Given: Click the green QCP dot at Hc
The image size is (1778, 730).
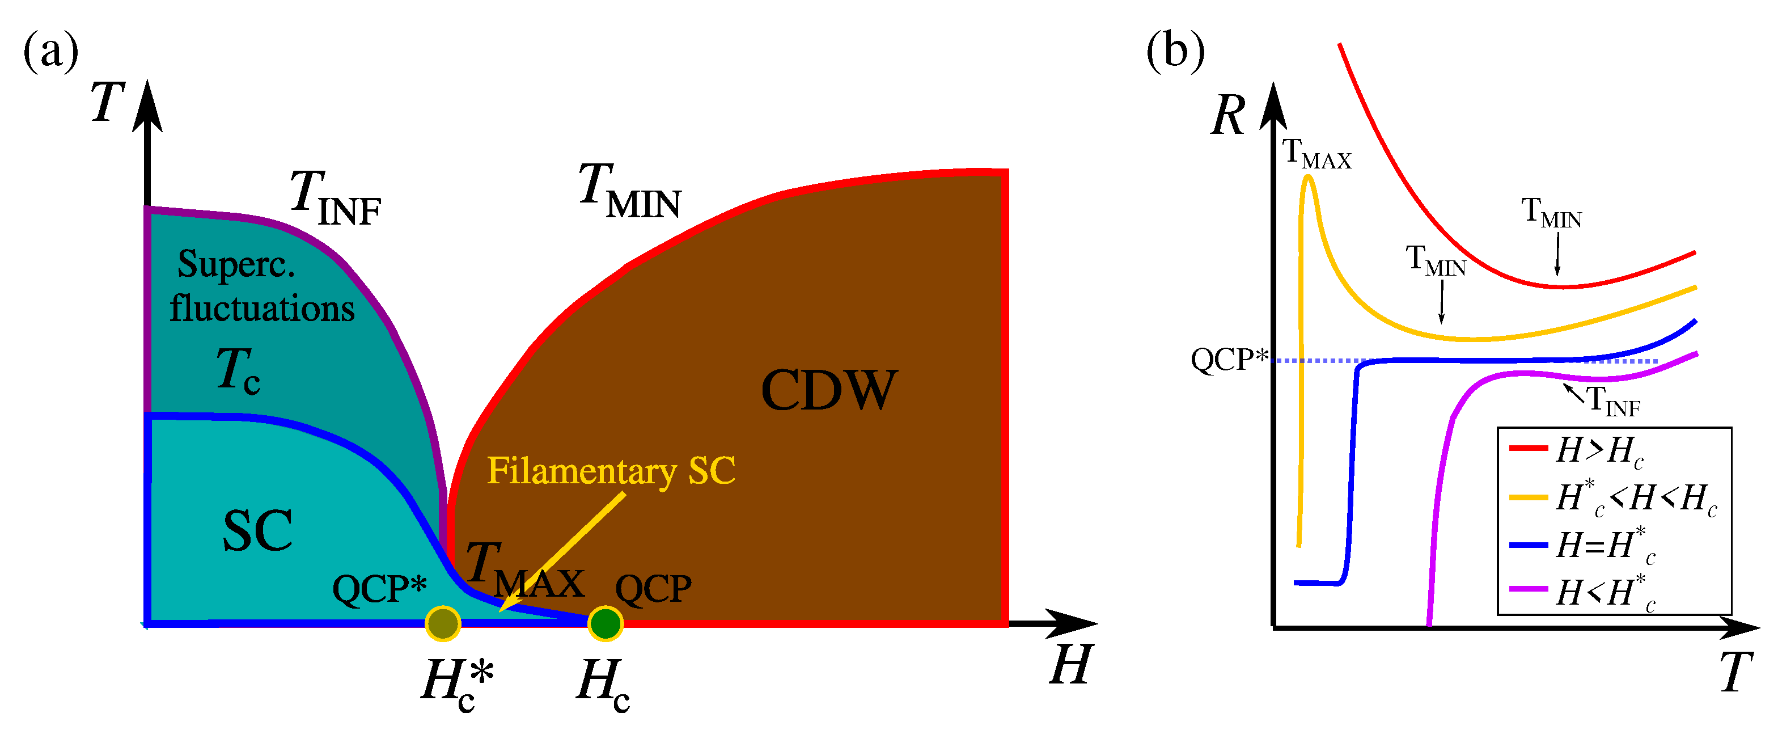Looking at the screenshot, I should point(606,623).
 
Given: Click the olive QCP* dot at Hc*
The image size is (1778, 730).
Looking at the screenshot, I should point(442,623).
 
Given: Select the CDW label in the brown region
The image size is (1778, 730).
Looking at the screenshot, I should point(828,390).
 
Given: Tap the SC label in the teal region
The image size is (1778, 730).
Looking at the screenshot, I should point(257,530).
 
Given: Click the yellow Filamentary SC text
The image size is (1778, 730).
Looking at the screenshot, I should point(611,471).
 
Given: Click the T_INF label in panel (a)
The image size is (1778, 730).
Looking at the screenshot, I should point(335,199).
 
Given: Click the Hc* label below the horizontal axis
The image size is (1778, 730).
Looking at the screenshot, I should point(458,683).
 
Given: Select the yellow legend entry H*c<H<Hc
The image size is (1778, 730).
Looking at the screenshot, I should point(1636,498).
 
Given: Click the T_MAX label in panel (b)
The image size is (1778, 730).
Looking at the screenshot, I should point(1316,153).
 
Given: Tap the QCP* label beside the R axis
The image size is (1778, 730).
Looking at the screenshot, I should point(1229,359).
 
